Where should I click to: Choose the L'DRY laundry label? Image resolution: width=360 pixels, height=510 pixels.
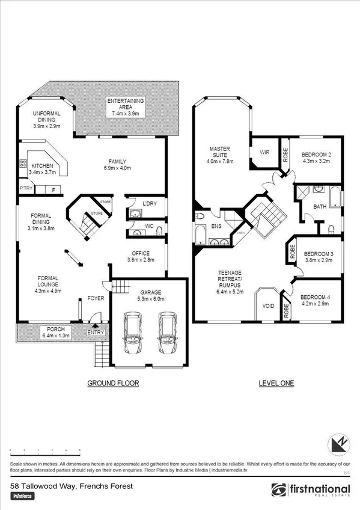tap(150, 204)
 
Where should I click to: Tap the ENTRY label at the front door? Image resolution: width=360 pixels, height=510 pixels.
tap(96, 333)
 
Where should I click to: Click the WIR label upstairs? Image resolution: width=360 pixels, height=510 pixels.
tap(263, 153)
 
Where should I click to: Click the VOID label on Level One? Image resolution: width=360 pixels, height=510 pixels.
tap(268, 306)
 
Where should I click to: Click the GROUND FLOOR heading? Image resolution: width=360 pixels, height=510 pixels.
tap(113, 383)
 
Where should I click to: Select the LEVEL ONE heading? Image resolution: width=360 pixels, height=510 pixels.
tap(276, 383)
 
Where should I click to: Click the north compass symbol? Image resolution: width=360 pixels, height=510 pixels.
tap(338, 444)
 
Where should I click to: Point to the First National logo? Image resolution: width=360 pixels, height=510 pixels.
tap(311, 490)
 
